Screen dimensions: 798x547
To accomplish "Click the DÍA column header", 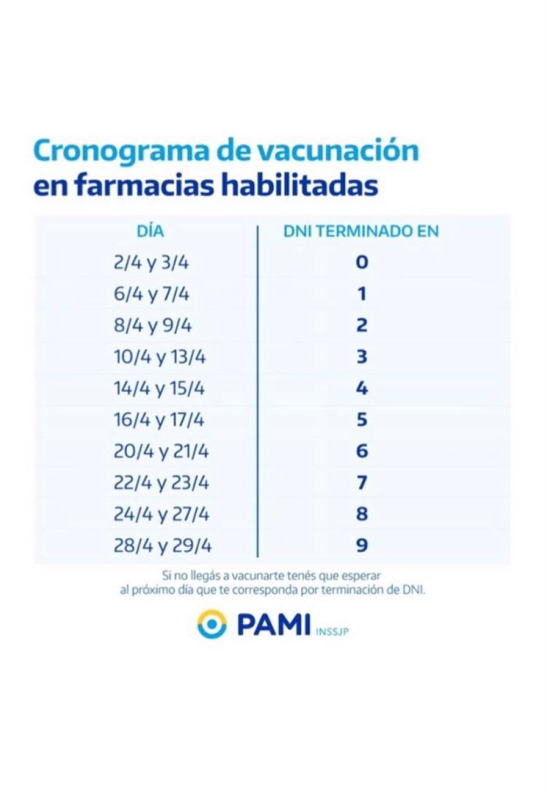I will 151,231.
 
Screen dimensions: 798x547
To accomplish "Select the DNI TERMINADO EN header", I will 361,231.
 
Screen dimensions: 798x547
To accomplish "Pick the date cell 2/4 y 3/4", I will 151,263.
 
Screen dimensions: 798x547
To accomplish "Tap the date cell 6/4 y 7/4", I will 151,295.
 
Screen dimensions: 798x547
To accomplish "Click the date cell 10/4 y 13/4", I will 160,357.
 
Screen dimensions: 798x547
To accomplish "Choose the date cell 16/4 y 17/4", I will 160,421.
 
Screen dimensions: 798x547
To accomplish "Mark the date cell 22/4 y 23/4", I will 162,483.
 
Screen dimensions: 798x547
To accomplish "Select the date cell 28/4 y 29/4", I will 163,546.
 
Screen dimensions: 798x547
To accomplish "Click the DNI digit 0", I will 362,263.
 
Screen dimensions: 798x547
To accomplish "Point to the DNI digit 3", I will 362,357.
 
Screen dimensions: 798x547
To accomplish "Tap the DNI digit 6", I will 362,452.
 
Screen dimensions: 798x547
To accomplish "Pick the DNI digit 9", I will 362,546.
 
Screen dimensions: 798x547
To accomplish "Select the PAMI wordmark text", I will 273,624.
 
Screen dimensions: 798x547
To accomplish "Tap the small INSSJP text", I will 333,631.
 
